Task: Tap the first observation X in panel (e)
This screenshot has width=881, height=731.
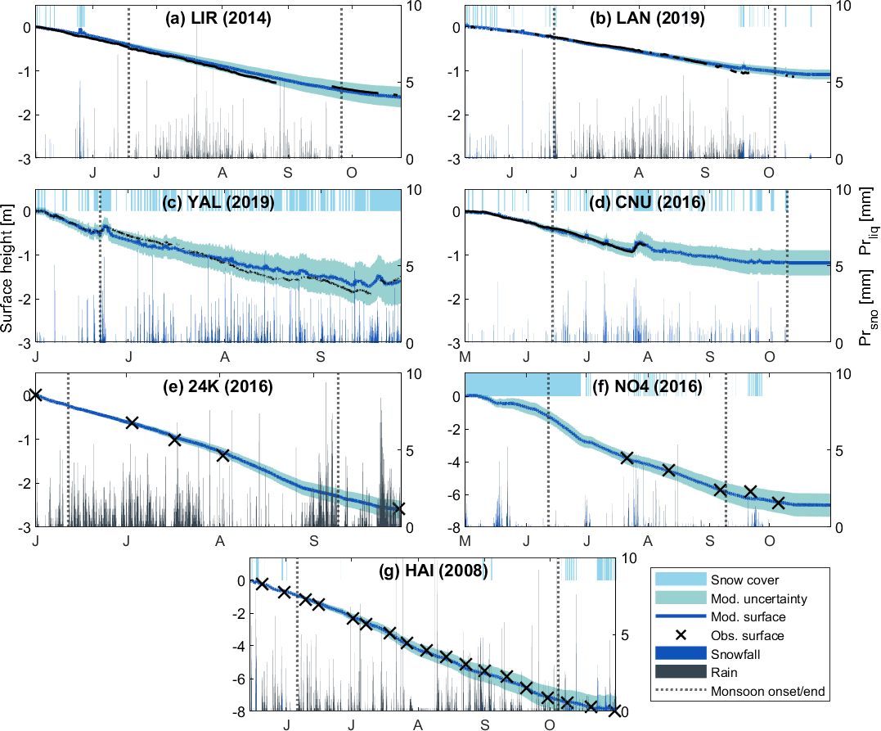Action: [35, 395]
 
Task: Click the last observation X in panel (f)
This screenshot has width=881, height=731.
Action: [778, 503]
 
